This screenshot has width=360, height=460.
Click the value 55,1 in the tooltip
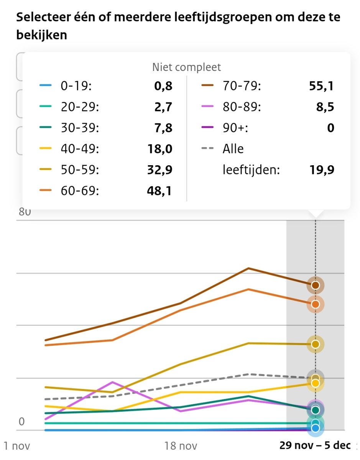321,86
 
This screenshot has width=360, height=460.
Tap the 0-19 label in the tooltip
76,86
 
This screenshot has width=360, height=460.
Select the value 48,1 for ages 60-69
160,191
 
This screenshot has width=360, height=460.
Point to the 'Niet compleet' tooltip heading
186,67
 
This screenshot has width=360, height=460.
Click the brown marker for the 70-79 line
315,285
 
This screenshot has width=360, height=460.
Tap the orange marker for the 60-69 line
315,304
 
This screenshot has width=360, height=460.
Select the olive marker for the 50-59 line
315,344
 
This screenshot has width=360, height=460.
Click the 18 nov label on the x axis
181,446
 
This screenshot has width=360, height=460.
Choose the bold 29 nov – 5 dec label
315,446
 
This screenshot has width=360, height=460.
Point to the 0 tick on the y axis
21,422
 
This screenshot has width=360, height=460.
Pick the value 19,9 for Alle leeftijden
321,170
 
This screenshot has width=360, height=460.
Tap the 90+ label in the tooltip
235,128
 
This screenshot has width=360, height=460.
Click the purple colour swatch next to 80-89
207,107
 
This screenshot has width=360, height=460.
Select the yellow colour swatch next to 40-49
45,149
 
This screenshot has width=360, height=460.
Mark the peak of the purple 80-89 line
112,382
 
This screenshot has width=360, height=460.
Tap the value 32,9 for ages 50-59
160,170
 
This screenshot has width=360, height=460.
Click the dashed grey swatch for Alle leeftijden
207,149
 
